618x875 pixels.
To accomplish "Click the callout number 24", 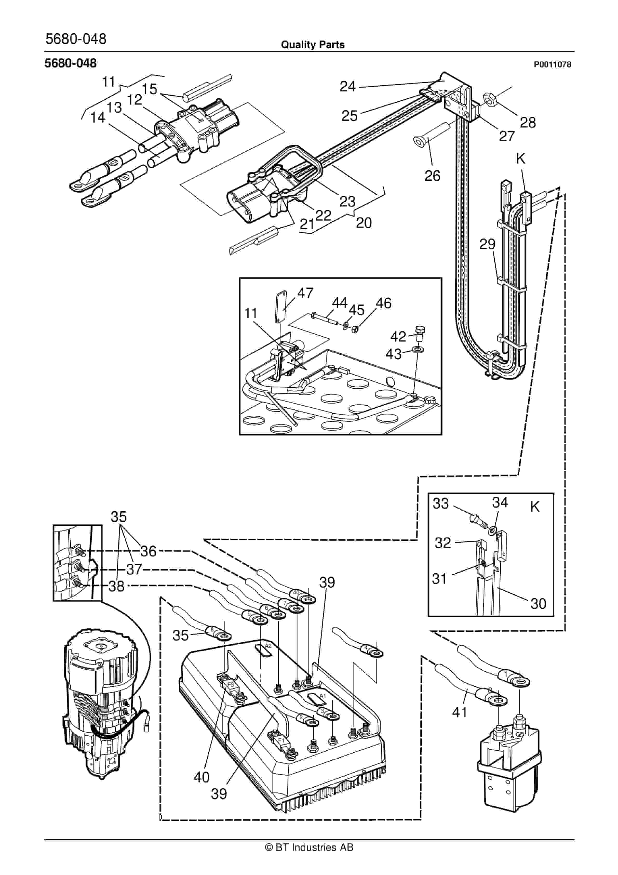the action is click(x=347, y=87).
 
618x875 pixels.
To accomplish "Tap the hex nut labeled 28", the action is click(x=491, y=100).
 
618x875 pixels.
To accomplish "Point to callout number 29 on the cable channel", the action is click(x=487, y=244).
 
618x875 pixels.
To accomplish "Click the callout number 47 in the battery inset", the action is click(x=305, y=293).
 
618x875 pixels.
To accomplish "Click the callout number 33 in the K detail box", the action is click(x=441, y=503).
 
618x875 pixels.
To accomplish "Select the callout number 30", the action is click(x=538, y=604).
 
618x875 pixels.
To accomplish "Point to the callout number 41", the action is click(x=460, y=712).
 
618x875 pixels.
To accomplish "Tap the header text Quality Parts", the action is click(x=313, y=45).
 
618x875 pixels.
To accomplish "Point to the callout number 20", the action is click(x=364, y=223).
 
